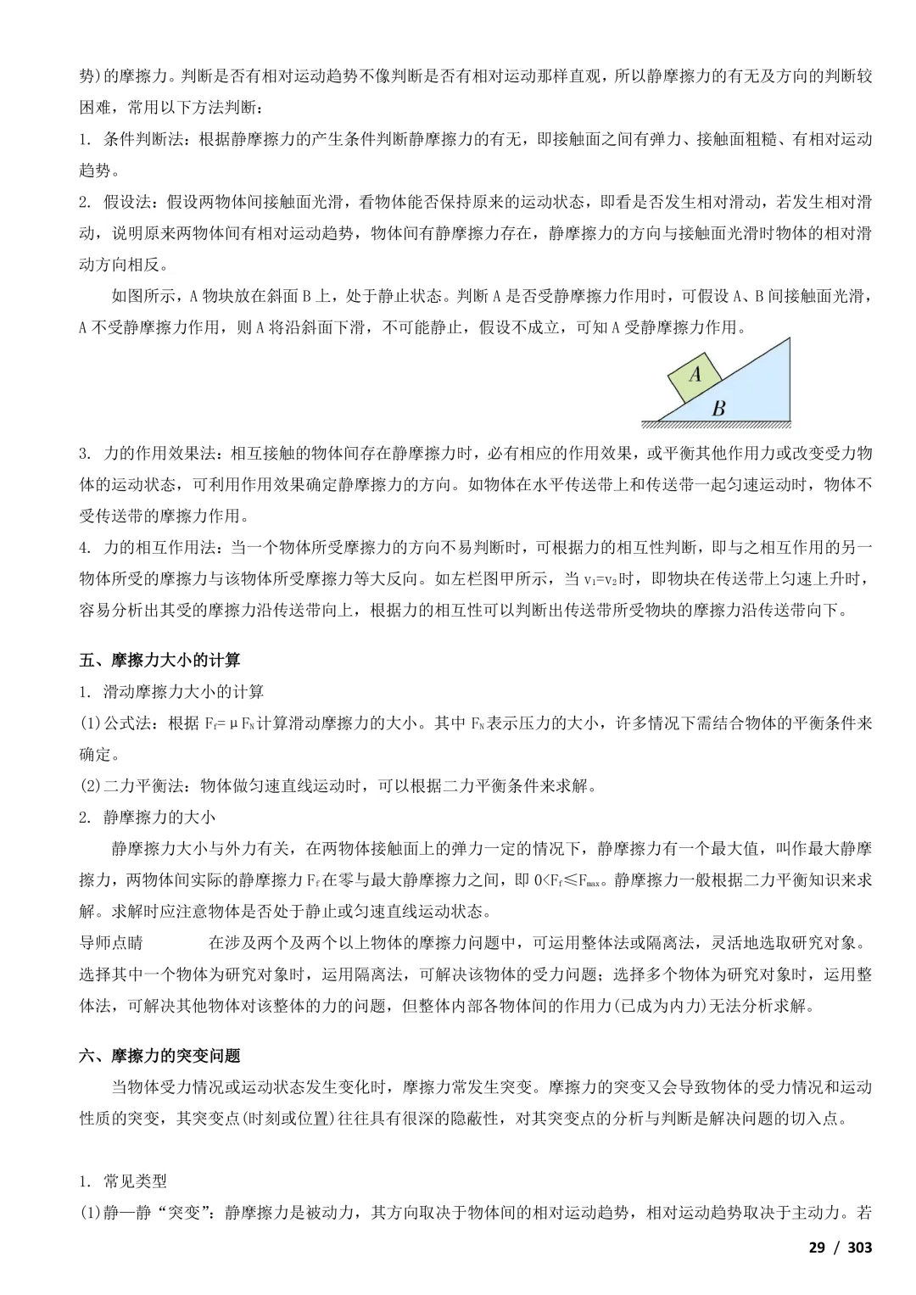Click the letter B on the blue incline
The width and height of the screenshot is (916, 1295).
point(718,408)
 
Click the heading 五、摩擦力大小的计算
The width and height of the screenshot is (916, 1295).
point(159,660)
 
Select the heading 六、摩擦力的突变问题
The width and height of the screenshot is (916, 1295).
point(159,1056)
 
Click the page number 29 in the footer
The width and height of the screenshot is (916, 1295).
point(816,1247)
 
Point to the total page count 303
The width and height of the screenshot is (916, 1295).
point(859,1247)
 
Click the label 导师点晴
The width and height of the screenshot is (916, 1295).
point(111,943)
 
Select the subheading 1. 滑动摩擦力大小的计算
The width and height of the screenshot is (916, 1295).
point(171,692)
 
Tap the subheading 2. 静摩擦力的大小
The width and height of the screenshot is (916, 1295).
point(148,817)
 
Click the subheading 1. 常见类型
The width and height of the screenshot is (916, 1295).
point(123,1181)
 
